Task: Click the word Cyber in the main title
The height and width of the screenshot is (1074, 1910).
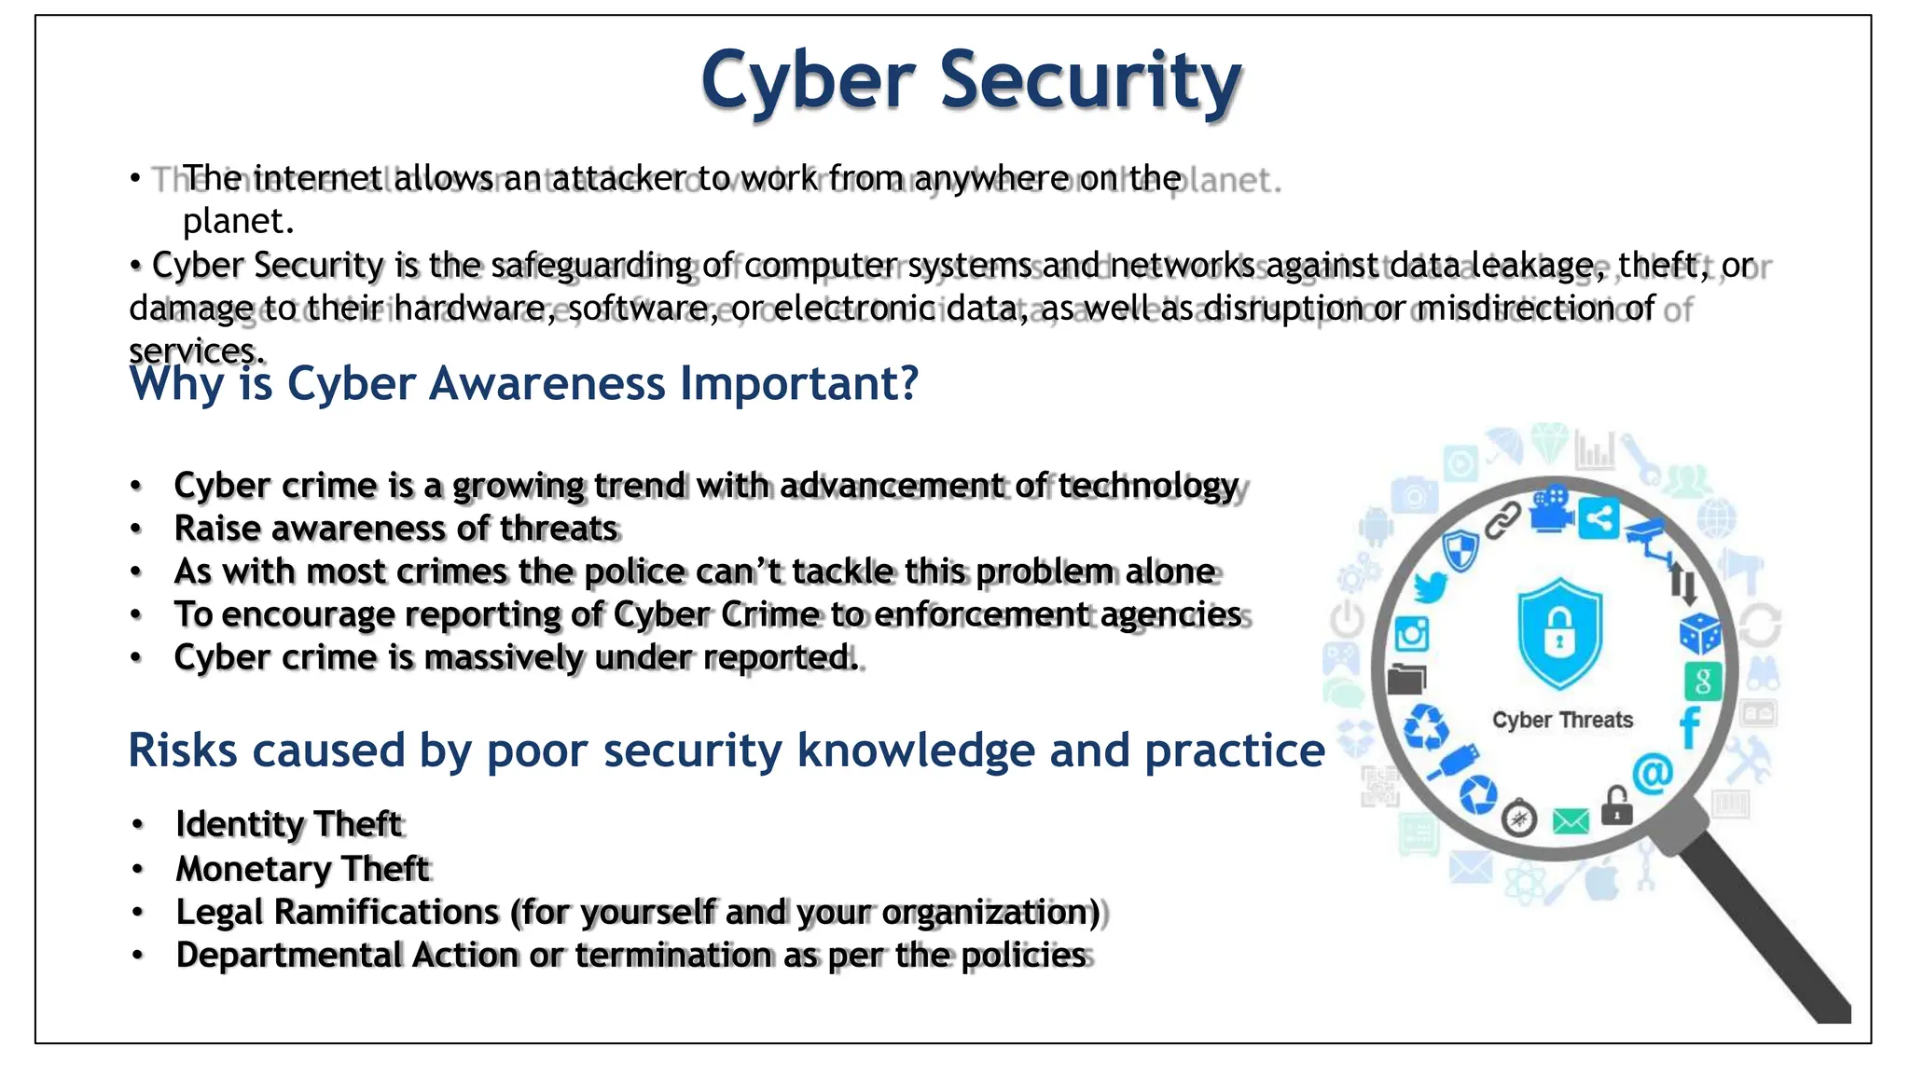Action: tap(808, 80)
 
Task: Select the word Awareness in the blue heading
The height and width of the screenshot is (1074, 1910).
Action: tap(547, 383)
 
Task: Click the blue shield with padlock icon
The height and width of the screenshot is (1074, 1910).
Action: tap(1560, 633)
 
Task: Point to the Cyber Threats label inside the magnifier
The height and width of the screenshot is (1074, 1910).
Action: tap(1562, 720)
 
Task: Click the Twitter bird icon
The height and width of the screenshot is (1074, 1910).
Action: tap(1430, 588)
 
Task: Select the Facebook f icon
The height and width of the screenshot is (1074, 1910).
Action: tap(1690, 727)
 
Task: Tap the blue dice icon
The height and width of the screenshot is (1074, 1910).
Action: tap(1699, 634)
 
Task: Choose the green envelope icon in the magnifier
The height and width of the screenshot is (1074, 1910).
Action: tap(1571, 821)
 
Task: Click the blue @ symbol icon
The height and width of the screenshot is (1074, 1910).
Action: tap(1653, 773)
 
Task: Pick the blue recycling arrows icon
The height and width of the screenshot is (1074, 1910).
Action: tap(1426, 726)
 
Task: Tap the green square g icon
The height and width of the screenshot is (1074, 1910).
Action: tap(1703, 682)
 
